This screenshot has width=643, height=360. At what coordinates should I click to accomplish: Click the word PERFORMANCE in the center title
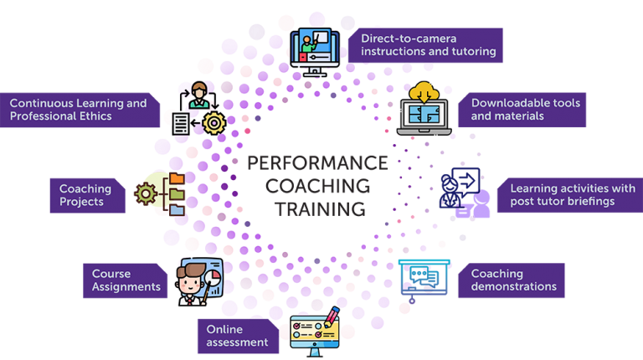click(317, 162)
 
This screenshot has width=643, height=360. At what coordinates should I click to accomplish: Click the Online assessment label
click(238, 336)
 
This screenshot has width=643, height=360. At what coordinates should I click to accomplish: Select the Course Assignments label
click(125, 280)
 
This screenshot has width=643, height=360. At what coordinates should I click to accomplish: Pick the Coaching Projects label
click(86, 195)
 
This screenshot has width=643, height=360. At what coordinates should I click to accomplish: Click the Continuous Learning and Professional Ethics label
click(80, 110)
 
